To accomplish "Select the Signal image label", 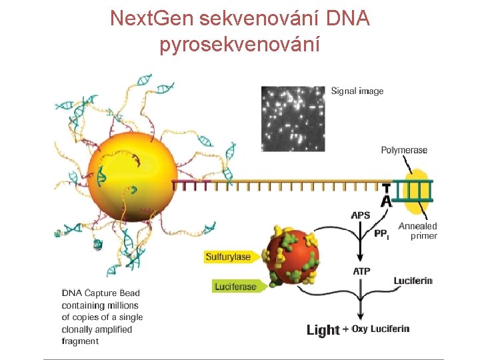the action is [x=357, y=91].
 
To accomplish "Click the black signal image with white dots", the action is [x=293, y=119].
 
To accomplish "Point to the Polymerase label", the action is [x=404, y=151].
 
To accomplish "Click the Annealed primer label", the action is [x=418, y=231].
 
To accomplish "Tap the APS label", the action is [x=361, y=215].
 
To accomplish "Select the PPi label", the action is [x=381, y=234].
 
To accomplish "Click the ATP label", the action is [x=361, y=271].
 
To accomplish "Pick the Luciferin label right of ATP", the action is [x=413, y=281].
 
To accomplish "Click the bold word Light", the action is [x=323, y=330].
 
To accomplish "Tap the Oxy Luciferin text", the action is [x=380, y=329].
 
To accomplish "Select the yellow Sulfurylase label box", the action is [x=228, y=257].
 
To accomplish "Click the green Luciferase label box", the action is [x=235, y=287].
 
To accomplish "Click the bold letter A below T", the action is [x=386, y=201].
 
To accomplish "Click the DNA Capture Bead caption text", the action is [x=102, y=317].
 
